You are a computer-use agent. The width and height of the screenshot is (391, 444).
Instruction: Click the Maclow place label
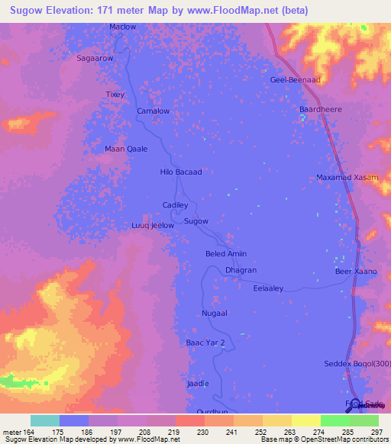tap(122, 27)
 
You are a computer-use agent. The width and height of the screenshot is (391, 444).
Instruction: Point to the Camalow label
tap(152, 111)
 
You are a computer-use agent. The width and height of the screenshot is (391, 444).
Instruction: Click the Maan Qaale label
tap(126, 149)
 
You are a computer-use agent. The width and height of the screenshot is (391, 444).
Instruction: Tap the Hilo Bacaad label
tap(181, 172)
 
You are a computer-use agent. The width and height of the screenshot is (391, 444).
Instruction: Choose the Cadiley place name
tap(175, 205)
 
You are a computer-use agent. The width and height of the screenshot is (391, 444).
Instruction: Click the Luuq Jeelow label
tap(153, 226)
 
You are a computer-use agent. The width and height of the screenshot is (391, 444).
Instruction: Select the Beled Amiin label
tap(226, 254)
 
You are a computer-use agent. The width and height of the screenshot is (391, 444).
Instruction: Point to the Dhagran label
tap(241, 270)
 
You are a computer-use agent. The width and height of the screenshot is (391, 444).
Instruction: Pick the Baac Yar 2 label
tap(206, 343)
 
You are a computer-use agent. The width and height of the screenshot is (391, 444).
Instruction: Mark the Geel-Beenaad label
tap(294, 80)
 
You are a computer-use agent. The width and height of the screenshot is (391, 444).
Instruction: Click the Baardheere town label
tap(319, 108)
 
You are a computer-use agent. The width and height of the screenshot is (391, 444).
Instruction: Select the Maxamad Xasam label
tap(347, 178)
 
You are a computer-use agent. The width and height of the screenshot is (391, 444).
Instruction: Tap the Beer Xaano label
tap(356, 272)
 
